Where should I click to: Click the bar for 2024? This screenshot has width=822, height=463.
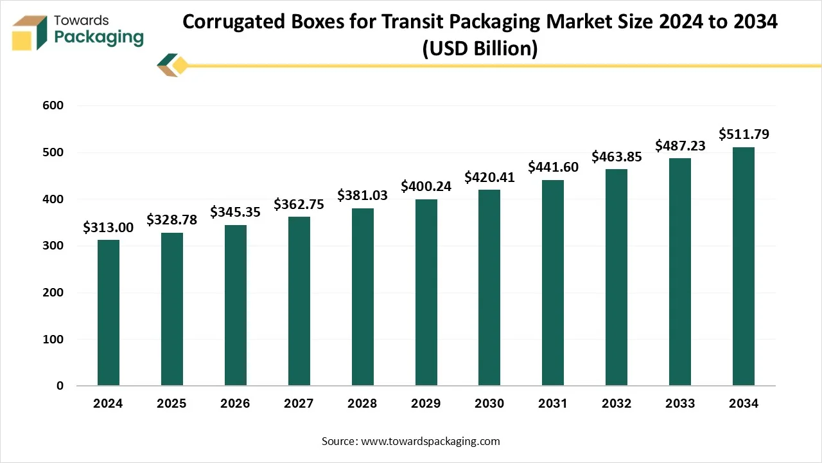click(x=109, y=313)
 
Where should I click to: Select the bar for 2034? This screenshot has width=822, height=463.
click(x=744, y=266)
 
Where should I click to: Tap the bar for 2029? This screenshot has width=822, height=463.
click(x=426, y=293)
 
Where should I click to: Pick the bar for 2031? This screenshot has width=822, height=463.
click(x=553, y=283)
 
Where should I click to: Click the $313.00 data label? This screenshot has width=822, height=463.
click(x=109, y=228)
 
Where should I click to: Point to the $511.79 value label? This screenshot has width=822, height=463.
click(x=744, y=134)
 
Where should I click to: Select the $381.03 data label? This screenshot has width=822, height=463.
click(x=363, y=195)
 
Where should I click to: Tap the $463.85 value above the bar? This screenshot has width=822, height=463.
click(x=616, y=156)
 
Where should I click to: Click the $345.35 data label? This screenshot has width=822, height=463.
click(x=236, y=212)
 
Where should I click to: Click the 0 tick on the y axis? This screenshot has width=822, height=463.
click(x=60, y=386)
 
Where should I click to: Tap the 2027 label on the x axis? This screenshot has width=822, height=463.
click(x=299, y=404)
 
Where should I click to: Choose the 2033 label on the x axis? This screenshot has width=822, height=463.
click(x=680, y=404)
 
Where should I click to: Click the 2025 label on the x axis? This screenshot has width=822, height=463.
click(x=171, y=404)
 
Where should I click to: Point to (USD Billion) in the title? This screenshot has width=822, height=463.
click(x=479, y=48)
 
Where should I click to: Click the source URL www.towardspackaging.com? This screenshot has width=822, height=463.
click(x=430, y=441)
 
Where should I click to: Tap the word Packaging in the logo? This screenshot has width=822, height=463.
click(x=99, y=37)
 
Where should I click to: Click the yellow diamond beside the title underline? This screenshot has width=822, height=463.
click(x=180, y=65)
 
